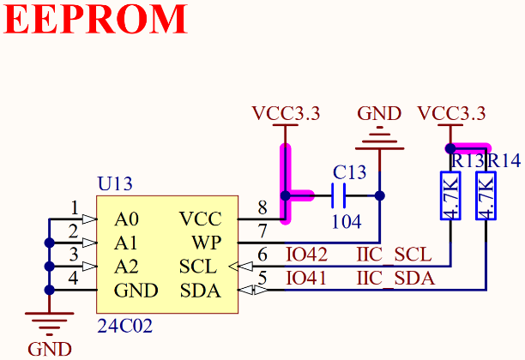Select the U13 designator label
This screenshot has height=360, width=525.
[115, 183]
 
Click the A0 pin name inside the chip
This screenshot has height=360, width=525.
[126, 219]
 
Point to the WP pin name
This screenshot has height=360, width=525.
[207, 243]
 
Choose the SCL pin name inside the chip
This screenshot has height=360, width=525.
[200, 267]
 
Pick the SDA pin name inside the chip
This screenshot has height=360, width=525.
[200, 291]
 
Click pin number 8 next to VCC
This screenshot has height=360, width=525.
[263, 207]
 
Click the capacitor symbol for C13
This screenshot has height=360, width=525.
[338, 196]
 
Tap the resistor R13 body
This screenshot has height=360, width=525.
[451, 196]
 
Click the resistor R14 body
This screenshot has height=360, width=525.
[486, 196]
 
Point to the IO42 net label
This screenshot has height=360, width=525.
[306, 255]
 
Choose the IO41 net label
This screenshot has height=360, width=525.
[306, 279]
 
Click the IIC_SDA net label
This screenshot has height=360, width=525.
[395, 279]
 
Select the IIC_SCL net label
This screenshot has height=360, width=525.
[395, 255]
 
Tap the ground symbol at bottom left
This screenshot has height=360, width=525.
[50, 324]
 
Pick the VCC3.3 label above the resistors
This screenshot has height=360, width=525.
[451, 113]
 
